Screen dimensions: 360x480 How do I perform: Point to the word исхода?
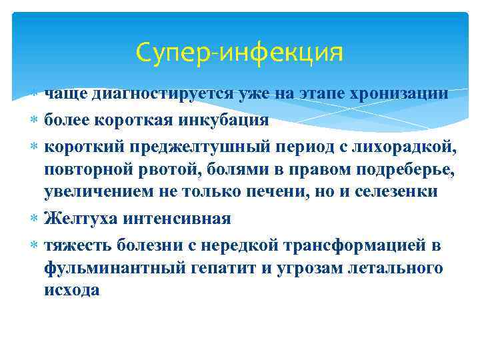pyautogui.click(x=72, y=291)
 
